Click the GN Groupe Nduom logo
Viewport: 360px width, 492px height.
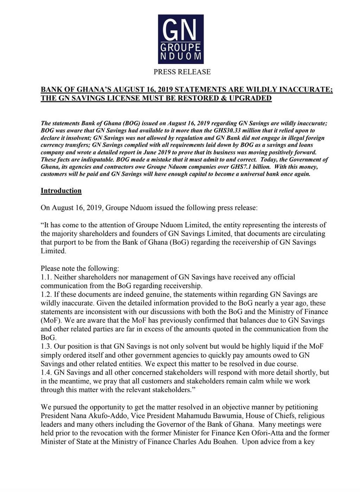181,39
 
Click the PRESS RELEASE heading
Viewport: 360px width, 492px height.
182,72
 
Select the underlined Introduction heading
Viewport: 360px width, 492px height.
61,191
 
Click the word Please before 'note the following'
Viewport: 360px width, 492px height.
50,268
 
